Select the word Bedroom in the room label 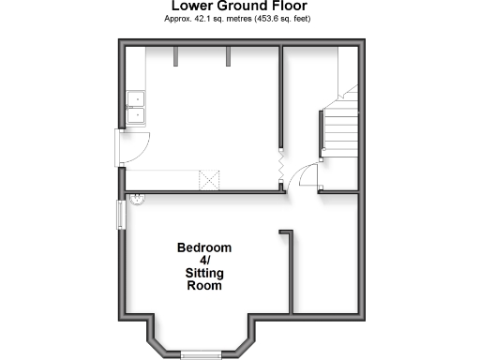(x=204, y=247)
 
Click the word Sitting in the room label (x=204, y=273)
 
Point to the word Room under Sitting (x=204, y=286)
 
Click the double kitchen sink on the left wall (x=137, y=108)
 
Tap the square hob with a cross (x=208, y=179)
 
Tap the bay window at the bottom (x=202, y=353)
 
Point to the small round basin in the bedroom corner (x=138, y=199)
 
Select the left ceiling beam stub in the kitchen (x=175, y=57)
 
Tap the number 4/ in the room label (x=204, y=261)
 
